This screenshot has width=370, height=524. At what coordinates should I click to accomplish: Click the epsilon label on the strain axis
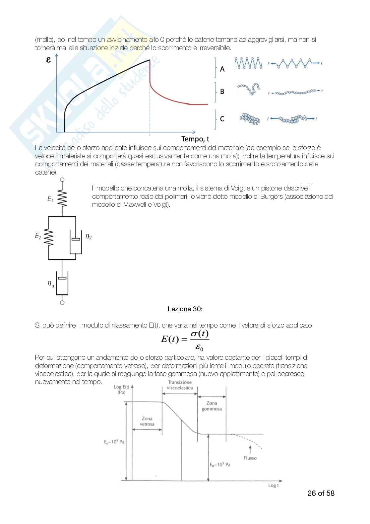tap(48, 60)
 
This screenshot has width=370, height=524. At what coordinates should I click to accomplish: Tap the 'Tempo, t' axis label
tap(195, 139)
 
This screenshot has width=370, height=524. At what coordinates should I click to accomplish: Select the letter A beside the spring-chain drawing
tap(222, 69)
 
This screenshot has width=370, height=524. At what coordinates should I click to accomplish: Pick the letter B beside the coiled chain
tap(222, 91)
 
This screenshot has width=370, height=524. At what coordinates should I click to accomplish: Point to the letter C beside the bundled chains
tap(222, 119)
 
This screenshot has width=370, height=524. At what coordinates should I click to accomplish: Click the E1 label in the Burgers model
tap(50, 199)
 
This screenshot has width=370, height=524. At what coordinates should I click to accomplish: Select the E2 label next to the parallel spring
tap(38, 236)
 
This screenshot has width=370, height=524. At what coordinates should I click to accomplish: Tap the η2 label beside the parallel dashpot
tap(89, 236)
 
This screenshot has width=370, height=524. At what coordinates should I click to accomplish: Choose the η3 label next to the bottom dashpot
tap(51, 284)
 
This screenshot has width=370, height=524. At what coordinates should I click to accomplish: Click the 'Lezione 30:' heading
tap(185, 309)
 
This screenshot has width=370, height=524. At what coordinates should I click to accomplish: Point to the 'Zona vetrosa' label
tap(147, 421)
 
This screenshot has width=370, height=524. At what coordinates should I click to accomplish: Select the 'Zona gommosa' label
tap(212, 406)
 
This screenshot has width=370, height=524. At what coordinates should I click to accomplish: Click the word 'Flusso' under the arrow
tap(250, 458)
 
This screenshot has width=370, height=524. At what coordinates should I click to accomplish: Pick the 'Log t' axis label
tap(274, 486)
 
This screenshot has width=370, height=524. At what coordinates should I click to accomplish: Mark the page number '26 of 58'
tap(321, 493)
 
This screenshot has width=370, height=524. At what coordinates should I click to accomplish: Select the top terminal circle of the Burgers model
tap(62, 180)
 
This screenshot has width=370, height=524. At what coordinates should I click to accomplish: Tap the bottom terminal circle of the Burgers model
tap(62, 302)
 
